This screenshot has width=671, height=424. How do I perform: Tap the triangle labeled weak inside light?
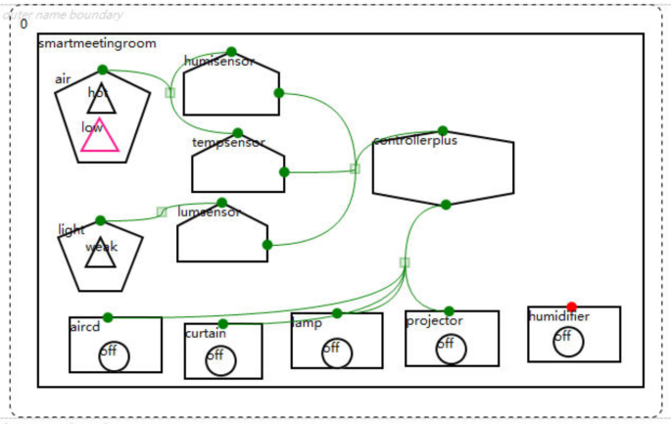100,254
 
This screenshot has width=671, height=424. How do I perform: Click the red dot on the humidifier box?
572,306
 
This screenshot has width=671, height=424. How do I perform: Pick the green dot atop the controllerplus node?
443,131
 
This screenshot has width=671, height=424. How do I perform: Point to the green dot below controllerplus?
446,205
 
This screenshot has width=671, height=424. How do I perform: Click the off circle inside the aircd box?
114,356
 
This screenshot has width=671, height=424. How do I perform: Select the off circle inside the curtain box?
220,360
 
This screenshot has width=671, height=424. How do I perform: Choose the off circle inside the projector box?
451,349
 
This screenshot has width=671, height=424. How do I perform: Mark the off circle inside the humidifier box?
567,342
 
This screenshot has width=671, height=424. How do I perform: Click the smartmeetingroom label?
97,43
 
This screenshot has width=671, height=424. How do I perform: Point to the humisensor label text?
218,62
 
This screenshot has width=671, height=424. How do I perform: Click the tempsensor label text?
228,142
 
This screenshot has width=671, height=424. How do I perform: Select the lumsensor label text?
209,212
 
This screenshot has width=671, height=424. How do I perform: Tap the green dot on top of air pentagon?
103,70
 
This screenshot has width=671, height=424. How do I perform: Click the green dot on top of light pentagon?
100,220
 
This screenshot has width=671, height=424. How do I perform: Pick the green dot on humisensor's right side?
279,93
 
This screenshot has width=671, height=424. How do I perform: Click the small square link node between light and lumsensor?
162,212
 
